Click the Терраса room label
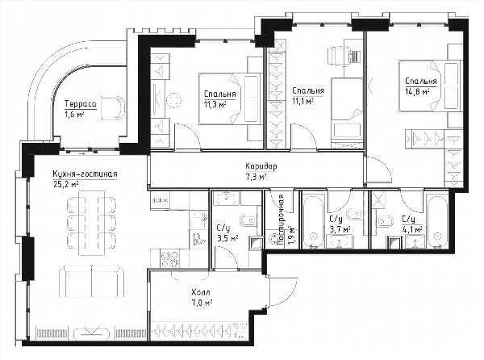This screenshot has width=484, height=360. (80, 104)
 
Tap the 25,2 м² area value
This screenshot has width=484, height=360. (65, 184)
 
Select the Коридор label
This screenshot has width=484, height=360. (261, 166)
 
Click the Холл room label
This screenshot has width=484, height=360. (201, 292)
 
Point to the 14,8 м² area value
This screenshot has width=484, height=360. (418, 91)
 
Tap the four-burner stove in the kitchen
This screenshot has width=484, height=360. (170, 259)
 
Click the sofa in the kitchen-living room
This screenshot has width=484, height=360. (92, 281)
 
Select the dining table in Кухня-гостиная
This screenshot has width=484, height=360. (92, 223)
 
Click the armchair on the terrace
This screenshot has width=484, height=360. (113, 107)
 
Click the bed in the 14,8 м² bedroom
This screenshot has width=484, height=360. (429, 86)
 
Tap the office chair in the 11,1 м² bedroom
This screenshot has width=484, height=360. (344, 56)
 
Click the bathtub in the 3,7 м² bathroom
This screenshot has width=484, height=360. (313, 220)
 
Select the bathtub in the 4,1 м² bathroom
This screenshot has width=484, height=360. (437, 220)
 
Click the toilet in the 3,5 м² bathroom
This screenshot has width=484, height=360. (248, 220)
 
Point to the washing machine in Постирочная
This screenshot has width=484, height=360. (273, 239)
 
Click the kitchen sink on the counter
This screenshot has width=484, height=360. (198, 220)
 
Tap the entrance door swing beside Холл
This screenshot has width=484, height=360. (282, 291)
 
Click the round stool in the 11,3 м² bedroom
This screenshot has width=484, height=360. (173, 100)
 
